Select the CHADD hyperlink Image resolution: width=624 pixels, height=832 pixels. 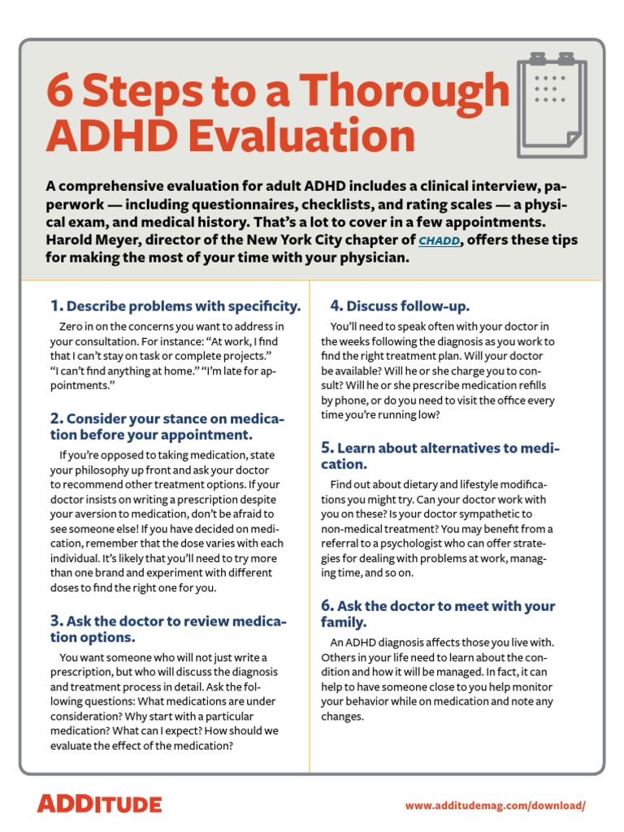(438, 241)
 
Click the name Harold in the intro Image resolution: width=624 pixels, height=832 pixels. (75, 241)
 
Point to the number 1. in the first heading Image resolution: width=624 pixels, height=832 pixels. (56, 306)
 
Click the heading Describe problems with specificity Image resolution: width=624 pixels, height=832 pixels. (184, 306)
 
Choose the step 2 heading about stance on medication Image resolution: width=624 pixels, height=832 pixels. (167, 427)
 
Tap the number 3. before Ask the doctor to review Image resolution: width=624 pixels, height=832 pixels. (56, 622)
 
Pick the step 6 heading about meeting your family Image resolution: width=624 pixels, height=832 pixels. (439, 614)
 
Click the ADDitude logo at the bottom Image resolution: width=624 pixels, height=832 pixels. (99, 804)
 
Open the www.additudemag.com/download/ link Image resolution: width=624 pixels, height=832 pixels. (495, 805)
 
